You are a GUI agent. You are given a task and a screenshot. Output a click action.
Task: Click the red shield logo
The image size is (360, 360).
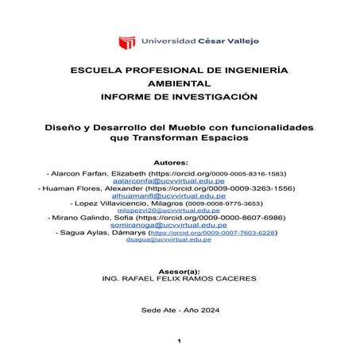coord(126,41)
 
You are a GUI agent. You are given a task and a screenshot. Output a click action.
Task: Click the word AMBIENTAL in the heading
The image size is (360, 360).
coord(180,83)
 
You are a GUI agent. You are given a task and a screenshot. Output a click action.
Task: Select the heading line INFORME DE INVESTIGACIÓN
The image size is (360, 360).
coord(180,96)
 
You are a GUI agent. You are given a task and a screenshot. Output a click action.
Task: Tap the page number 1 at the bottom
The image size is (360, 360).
coord(180,341)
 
